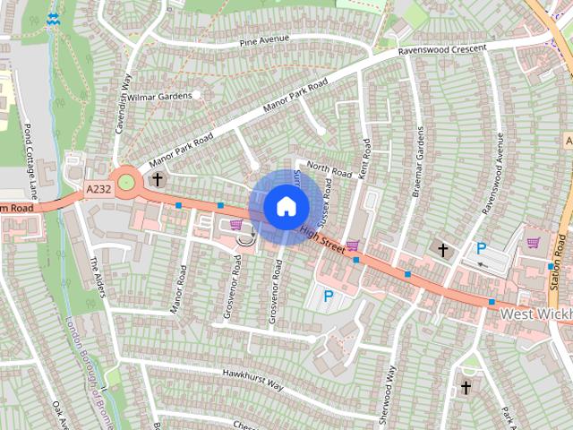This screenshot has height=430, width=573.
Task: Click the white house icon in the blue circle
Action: [x=286, y=206]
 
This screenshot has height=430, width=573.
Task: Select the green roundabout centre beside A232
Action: [x=126, y=183]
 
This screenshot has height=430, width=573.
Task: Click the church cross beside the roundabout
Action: [x=158, y=179]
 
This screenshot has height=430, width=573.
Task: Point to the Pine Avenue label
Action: [x=264, y=41]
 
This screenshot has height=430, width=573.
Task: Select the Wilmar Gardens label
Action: [x=163, y=94]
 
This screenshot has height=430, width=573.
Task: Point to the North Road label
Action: [x=329, y=167]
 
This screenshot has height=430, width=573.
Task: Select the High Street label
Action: [x=322, y=237]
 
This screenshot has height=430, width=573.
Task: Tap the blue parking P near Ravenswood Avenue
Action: [x=481, y=248]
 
